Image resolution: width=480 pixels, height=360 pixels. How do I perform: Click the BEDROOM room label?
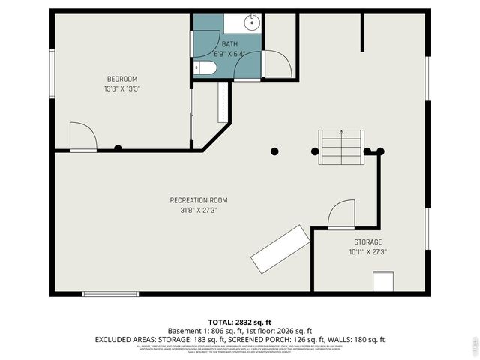(x=121, y=79)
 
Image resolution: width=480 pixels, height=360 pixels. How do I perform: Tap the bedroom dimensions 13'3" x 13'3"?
(x=121, y=88)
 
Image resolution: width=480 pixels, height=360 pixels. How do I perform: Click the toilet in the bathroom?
(x=207, y=68)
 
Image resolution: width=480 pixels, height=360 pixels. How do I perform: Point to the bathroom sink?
(x=251, y=22)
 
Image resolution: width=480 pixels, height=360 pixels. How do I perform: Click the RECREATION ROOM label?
(x=198, y=200)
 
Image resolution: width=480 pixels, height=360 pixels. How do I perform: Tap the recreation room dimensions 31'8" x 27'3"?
(x=198, y=210)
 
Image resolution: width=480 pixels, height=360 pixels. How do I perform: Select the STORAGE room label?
(x=368, y=242)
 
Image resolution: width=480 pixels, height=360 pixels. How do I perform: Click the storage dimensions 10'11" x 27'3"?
(x=368, y=252)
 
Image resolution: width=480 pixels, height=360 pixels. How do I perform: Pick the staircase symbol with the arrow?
(x=341, y=146)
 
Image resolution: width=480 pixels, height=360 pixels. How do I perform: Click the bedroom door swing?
(x=82, y=136)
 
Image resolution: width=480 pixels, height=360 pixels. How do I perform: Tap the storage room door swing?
(x=341, y=214)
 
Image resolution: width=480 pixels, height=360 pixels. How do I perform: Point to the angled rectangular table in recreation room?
(x=280, y=249)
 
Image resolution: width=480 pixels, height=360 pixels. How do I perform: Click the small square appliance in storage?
(x=382, y=281)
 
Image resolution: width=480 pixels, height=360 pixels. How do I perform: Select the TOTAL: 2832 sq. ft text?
(x=240, y=320)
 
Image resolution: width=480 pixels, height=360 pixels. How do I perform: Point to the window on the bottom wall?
(x=105, y=293)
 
